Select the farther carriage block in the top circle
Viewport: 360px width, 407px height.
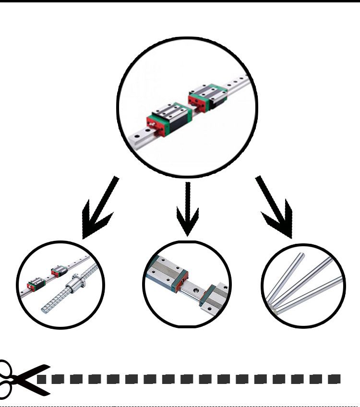tap(209, 96)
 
